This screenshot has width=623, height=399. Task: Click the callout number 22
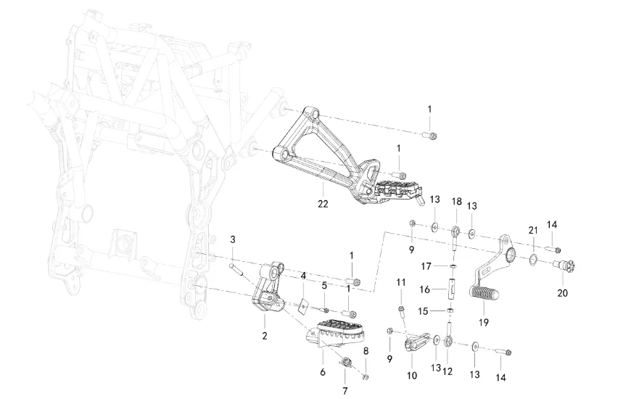(x=323, y=204)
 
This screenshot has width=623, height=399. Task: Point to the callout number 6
(x=322, y=372)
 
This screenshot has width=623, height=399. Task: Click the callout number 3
(x=233, y=239)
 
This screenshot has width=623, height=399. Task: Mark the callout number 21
(x=532, y=230)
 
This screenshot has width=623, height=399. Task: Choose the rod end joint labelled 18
(x=456, y=232)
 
